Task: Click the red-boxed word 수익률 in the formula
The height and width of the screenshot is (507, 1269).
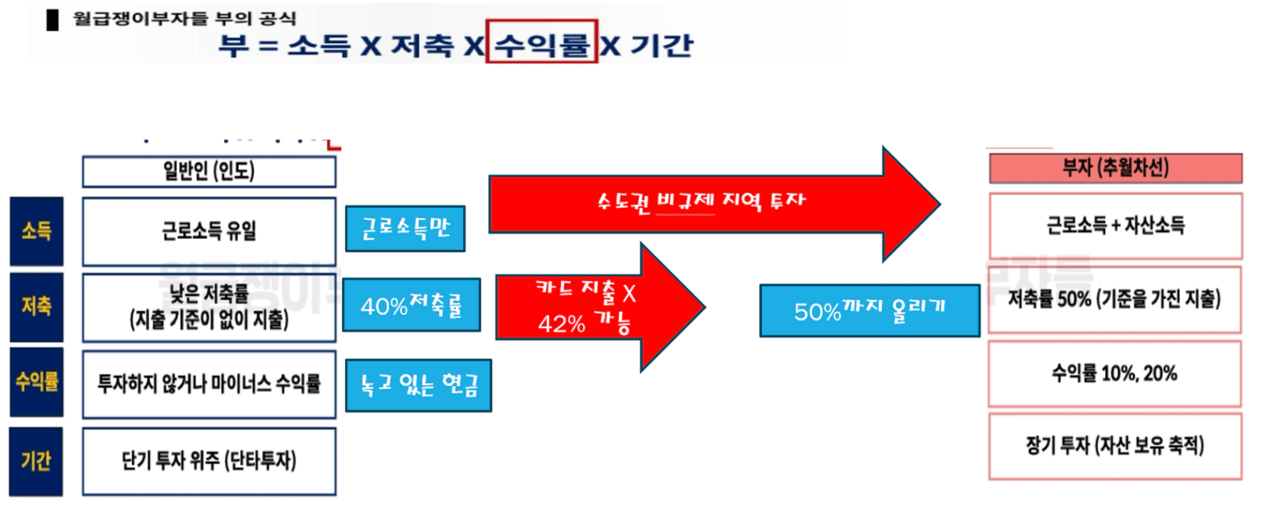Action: [542, 45]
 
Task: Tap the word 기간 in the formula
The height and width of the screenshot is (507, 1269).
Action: [662, 45]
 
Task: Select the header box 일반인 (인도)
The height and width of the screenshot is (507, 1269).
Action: [209, 172]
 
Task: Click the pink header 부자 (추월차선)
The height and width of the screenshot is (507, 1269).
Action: [1115, 168]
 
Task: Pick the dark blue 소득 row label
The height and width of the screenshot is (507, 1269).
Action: [37, 231]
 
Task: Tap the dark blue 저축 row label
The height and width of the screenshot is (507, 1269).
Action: [37, 307]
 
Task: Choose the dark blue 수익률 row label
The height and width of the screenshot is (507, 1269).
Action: [37, 382]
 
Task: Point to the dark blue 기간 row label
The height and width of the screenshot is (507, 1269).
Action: [37, 461]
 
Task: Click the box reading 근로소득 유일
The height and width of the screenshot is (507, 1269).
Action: [209, 231]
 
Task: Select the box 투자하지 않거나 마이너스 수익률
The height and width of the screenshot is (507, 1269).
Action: [209, 384]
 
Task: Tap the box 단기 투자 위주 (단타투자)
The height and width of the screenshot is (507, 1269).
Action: [209, 461]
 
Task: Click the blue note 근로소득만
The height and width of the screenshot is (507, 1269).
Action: [405, 228]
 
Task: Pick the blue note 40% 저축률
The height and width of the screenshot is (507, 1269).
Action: [412, 305]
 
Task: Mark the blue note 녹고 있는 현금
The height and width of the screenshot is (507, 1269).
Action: [419, 385]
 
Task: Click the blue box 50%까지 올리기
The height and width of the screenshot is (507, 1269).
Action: [870, 310]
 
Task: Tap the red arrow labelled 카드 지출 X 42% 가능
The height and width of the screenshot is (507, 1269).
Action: [601, 307]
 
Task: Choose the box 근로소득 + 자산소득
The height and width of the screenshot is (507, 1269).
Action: [1115, 226]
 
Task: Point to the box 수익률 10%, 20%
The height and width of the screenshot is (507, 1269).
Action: [1114, 374]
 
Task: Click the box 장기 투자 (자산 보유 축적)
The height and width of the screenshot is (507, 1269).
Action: [1115, 446]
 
